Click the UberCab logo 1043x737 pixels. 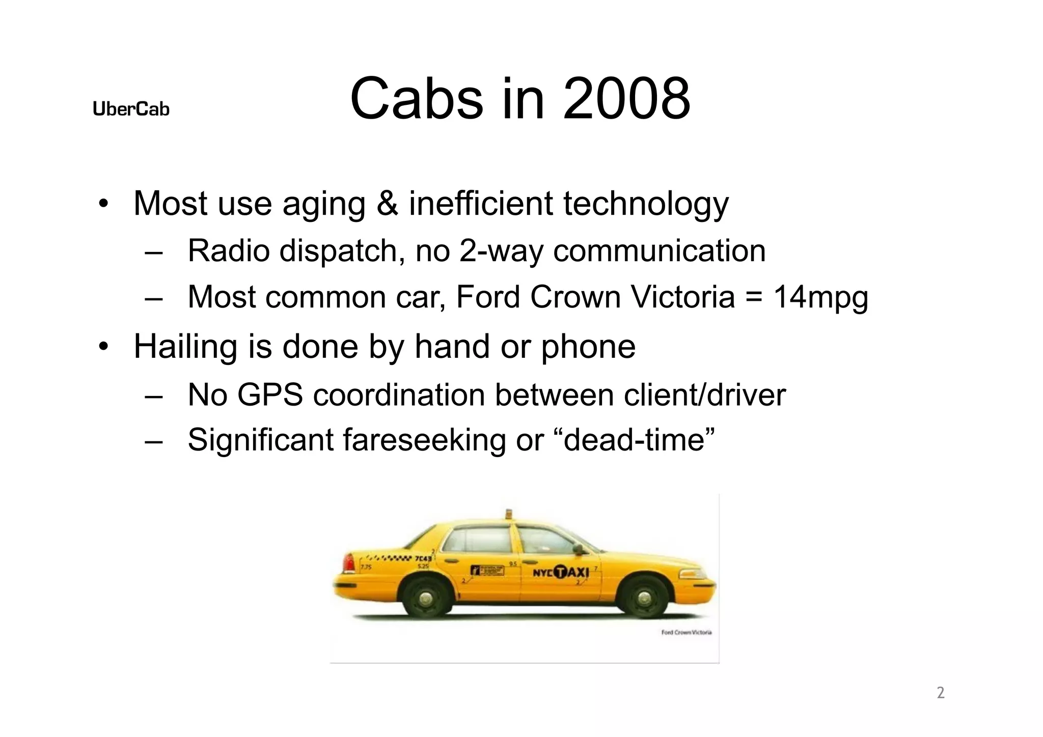131,109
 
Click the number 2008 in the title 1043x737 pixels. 626,99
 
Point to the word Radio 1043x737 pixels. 228,251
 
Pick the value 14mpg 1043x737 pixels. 820,298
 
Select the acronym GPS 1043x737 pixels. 270,395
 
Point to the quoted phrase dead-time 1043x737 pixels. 639,440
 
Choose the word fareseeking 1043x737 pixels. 424,440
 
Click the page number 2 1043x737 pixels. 941,693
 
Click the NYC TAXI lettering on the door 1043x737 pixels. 561,573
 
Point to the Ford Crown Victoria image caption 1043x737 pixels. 686,633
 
